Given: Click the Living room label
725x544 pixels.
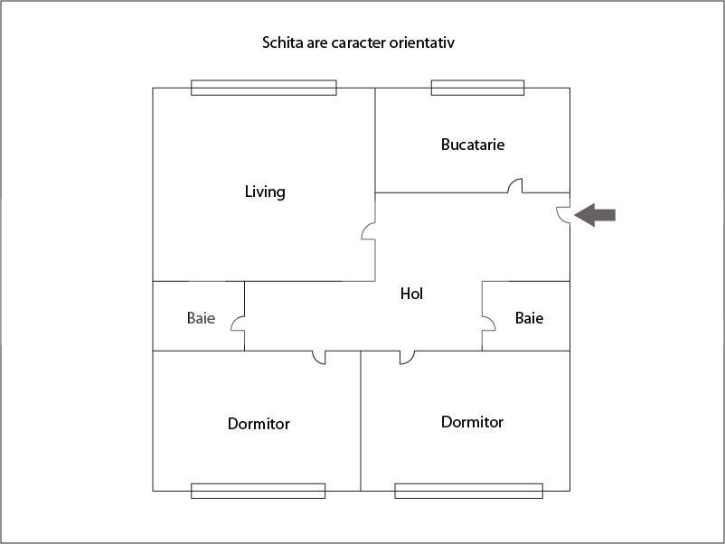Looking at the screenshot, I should pyautogui.click(x=265, y=192).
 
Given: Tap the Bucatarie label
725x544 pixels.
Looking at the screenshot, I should pyautogui.click(x=473, y=145).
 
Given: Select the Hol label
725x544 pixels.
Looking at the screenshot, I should pyautogui.click(x=411, y=294).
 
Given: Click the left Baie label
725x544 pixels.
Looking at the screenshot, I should pyautogui.click(x=201, y=318).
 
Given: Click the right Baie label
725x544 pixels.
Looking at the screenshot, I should pyautogui.click(x=529, y=318).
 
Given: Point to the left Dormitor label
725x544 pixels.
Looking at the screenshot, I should pyautogui.click(x=259, y=424).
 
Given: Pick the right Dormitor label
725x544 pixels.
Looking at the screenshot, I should pyautogui.click(x=472, y=422).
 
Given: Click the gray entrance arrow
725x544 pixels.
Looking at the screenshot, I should pyautogui.click(x=595, y=215).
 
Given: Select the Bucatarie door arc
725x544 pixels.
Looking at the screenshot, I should pyautogui.click(x=515, y=185).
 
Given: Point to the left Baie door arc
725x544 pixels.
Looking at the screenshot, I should pyautogui.click(x=238, y=323).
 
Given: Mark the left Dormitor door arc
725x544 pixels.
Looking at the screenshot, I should pyautogui.click(x=319, y=358).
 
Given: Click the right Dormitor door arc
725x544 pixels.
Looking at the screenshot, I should pyautogui.click(x=407, y=358).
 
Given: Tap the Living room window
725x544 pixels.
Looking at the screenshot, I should pyautogui.click(x=263, y=88).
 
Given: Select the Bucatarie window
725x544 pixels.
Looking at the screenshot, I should pyautogui.click(x=477, y=88).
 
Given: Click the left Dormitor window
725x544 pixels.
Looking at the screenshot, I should pyautogui.click(x=258, y=491).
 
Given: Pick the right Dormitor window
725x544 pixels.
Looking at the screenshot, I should pyautogui.click(x=468, y=491).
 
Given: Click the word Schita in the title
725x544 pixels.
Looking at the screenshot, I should pyautogui.click(x=282, y=42).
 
